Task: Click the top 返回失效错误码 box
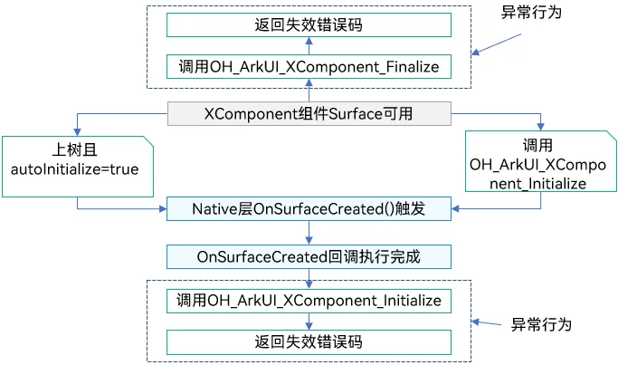309,24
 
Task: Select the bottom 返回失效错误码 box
309,342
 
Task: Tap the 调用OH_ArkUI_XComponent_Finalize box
309,67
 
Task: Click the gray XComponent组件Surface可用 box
309,113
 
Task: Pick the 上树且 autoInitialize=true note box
78,167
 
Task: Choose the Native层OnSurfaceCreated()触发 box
309,208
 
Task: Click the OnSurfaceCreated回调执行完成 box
309,257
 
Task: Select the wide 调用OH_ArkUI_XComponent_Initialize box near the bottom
309,301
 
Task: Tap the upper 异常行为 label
531,13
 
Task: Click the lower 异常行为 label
541,325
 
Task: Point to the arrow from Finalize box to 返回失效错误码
309,46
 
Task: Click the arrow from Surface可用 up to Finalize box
309,91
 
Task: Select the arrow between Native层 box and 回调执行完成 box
309,233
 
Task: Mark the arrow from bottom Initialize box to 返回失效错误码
309,322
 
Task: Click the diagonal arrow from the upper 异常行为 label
496,44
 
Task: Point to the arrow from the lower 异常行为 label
487,323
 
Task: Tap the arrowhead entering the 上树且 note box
77,132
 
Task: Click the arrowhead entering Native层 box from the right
455,208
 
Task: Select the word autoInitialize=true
74,169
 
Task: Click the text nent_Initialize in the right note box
537,184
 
